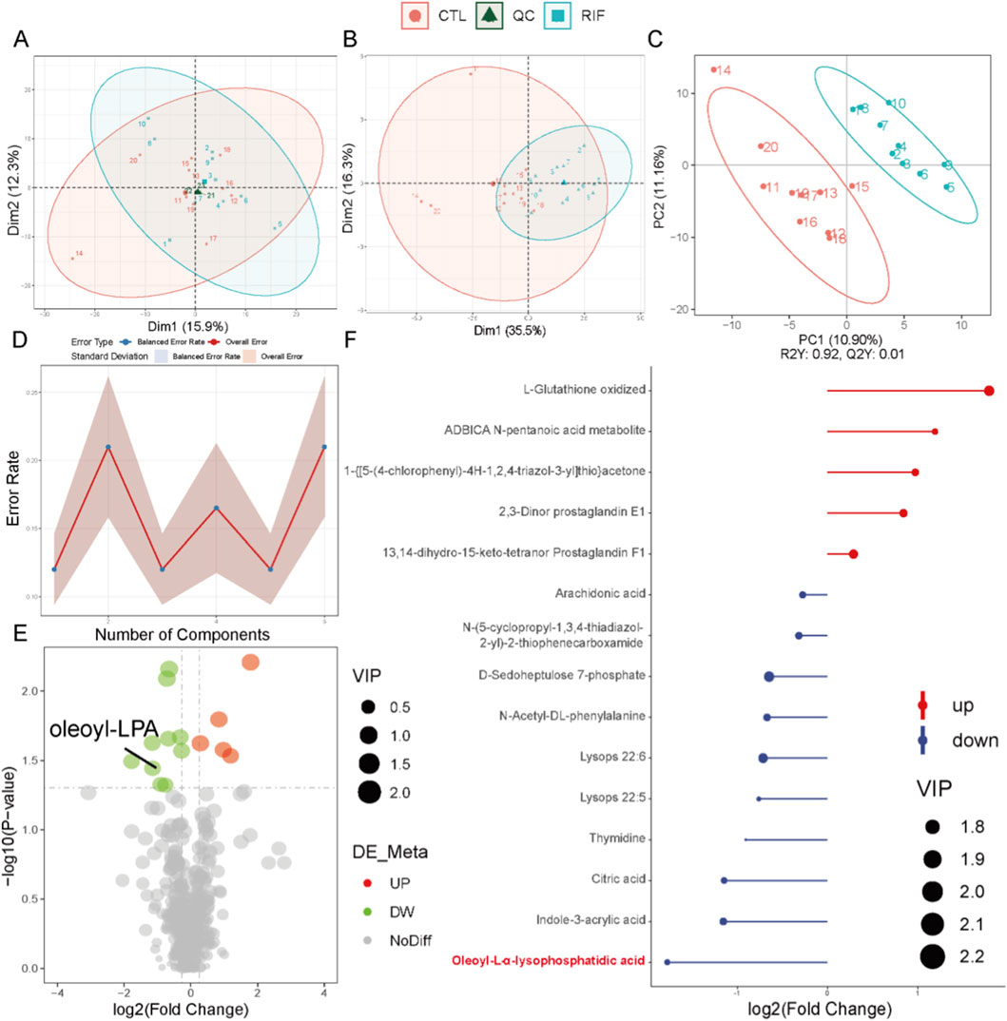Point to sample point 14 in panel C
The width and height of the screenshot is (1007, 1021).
pos(714,69)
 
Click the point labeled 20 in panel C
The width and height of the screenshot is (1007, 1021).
pos(761,145)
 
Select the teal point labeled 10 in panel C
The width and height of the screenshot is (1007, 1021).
pos(889,103)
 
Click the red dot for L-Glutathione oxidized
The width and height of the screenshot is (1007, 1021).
pos(989,391)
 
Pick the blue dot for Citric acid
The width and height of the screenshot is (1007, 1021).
pos(725,880)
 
